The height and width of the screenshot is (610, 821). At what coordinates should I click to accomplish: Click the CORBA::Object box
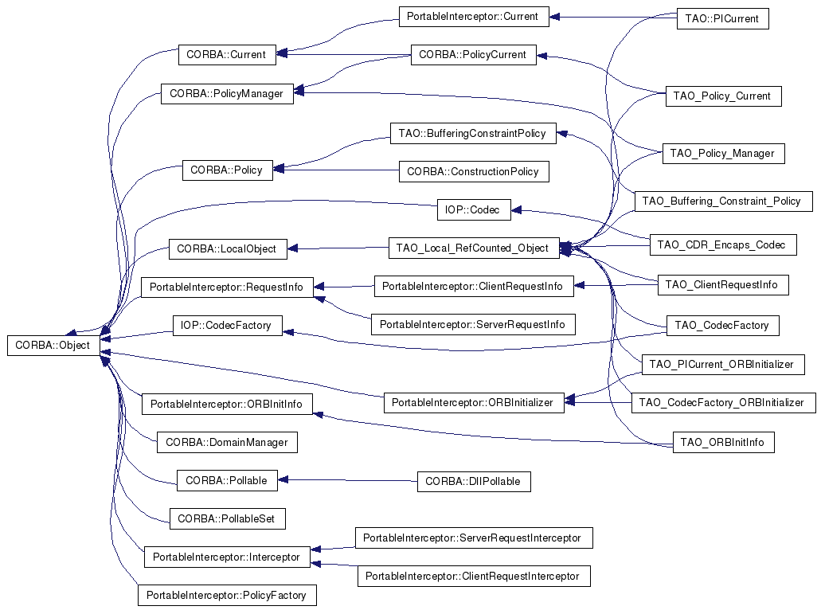point(53,346)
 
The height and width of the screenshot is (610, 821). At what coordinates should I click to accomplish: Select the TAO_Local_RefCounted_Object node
point(474,248)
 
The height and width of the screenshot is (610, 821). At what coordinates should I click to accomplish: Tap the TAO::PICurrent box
point(722,19)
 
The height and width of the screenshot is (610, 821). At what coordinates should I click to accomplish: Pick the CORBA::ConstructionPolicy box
point(474,172)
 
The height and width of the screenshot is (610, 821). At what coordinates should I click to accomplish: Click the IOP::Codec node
point(474,210)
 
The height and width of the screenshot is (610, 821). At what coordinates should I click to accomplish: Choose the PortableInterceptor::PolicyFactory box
point(227,596)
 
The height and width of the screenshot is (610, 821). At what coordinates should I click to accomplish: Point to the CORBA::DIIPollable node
point(474,481)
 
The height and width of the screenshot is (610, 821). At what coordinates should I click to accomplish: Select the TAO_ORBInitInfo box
point(724,443)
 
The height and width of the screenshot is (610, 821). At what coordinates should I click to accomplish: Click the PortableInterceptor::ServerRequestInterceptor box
point(474,538)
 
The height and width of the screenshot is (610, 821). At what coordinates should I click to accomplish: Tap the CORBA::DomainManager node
point(227,443)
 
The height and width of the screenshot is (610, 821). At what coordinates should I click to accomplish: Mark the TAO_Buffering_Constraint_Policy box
point(724,201)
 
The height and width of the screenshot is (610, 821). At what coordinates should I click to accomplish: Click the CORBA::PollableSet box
point(227,519)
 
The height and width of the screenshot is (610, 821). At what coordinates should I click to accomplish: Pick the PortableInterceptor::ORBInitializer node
point(474,403)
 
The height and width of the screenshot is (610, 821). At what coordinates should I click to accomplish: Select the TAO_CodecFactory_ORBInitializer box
point(724,403)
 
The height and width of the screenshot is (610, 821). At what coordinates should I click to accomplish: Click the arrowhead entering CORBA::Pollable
point(283,479)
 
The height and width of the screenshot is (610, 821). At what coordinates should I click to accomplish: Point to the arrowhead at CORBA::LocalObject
point(293,248)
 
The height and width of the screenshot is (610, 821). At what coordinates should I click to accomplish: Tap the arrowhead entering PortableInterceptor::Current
point(554,18)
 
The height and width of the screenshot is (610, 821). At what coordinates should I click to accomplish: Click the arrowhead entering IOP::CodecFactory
point(288,332)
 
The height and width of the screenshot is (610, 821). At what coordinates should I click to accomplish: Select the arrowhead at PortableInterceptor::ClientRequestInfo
point(579,285)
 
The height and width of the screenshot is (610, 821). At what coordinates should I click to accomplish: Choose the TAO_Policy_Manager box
point(724,154)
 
